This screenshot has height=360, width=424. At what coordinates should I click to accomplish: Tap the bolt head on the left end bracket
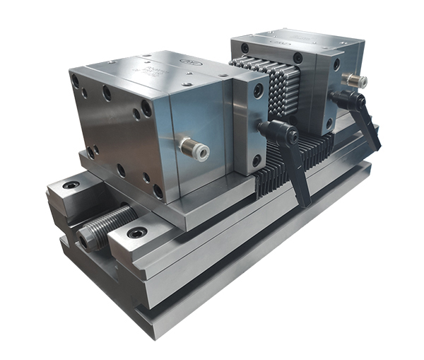coord(71,185)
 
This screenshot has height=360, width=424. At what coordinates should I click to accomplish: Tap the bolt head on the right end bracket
coord(137,233)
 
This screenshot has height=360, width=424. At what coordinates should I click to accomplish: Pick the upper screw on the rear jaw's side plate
coord(336,64)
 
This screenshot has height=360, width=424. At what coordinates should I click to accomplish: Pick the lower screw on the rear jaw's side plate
coord(329,124)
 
